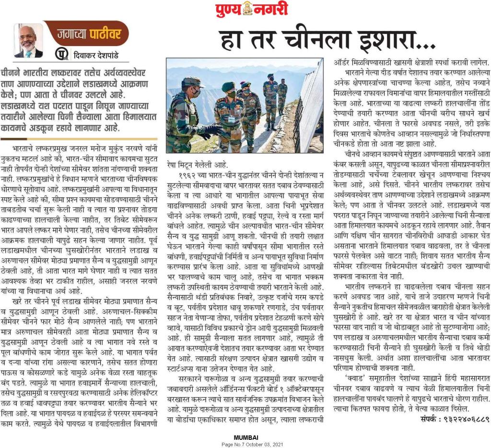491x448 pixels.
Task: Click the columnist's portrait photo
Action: point(28,41)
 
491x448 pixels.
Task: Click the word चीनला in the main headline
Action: point(317,38)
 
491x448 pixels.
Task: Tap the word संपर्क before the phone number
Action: point(424,419)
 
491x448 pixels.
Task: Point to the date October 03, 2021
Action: point(265,444)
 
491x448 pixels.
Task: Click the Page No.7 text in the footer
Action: point(233,444)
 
